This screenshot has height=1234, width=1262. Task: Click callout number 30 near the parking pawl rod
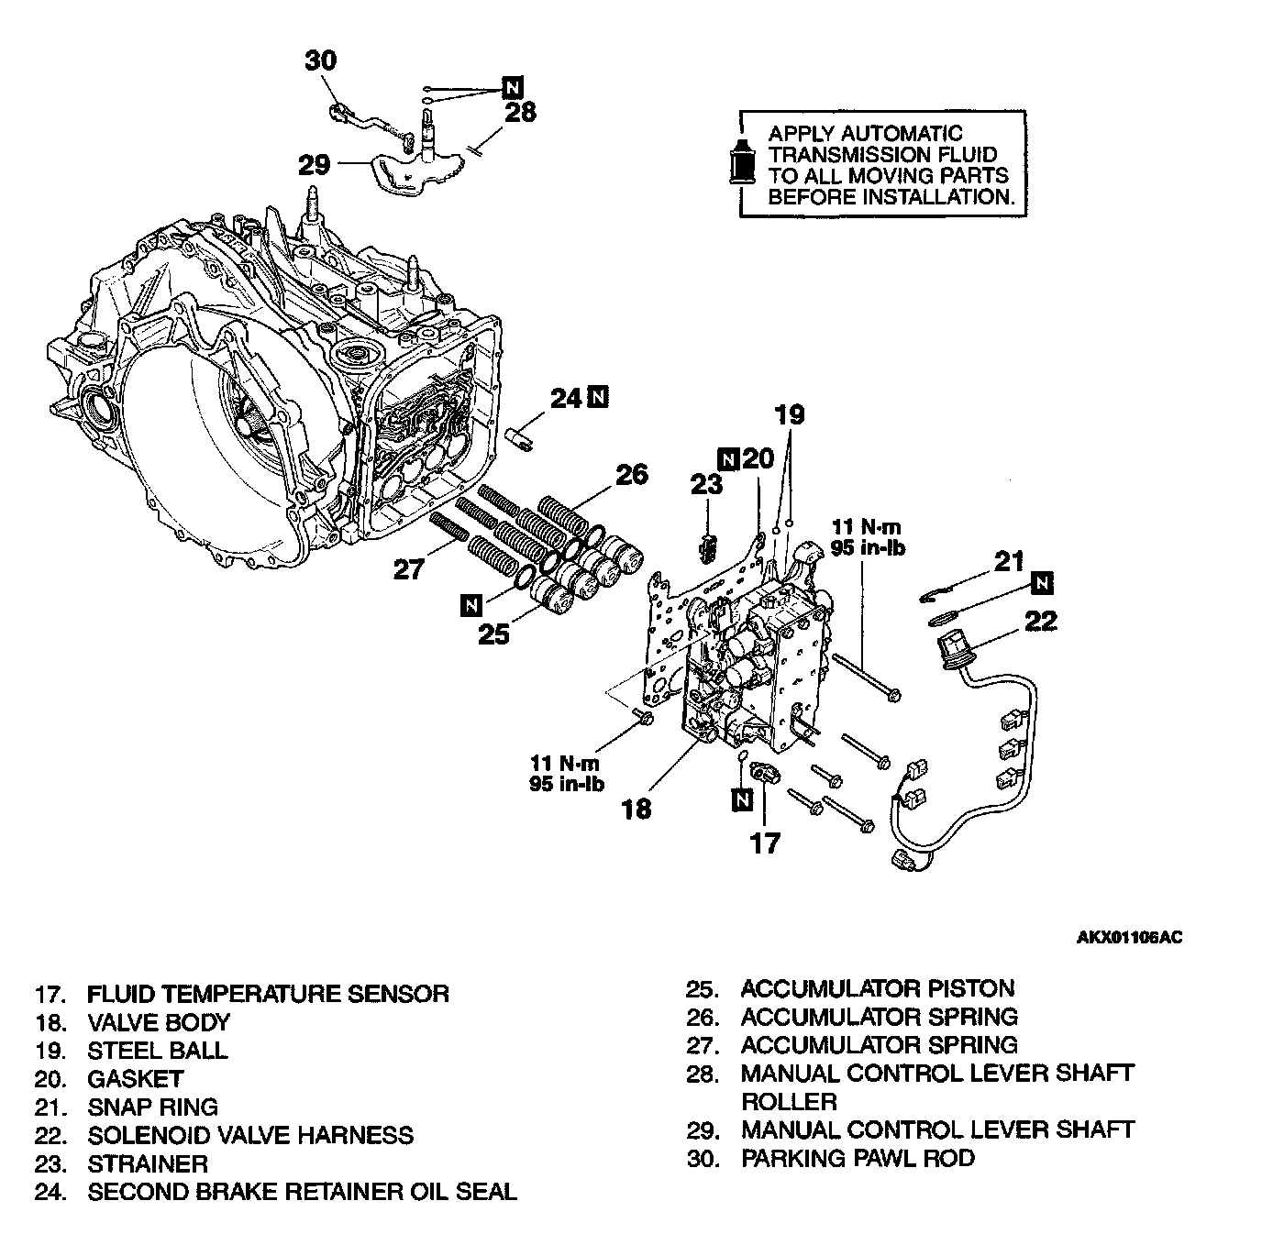321,61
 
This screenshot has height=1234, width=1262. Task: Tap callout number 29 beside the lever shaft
314,165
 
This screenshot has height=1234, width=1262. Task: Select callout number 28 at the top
520,112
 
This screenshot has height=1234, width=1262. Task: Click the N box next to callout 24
597,397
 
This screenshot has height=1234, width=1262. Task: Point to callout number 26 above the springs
631,474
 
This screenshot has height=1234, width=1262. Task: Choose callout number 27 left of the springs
408,569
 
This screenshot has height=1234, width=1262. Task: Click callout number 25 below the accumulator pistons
493,634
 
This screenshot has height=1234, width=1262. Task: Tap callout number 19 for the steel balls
790,414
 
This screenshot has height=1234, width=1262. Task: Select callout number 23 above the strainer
707,484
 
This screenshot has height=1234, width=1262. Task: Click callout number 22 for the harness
1040,621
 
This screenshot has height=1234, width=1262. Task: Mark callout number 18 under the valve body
636,808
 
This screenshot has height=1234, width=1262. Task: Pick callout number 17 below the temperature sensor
764,842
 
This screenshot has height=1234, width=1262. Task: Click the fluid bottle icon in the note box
741,163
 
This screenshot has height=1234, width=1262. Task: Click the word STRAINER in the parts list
148,1163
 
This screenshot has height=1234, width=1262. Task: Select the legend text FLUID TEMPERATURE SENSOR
268,994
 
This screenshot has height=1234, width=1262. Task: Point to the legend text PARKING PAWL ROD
858,1158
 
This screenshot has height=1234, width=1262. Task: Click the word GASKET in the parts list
136,1079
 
